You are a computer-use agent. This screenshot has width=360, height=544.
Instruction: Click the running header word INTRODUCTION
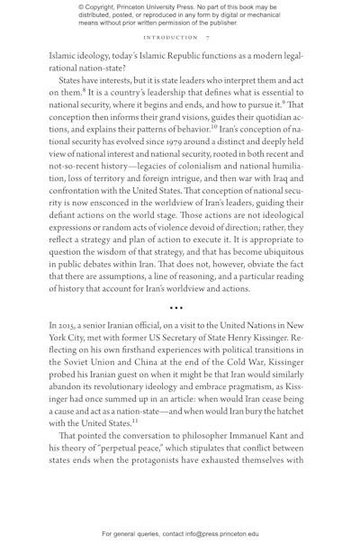click(x=178, y=40)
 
